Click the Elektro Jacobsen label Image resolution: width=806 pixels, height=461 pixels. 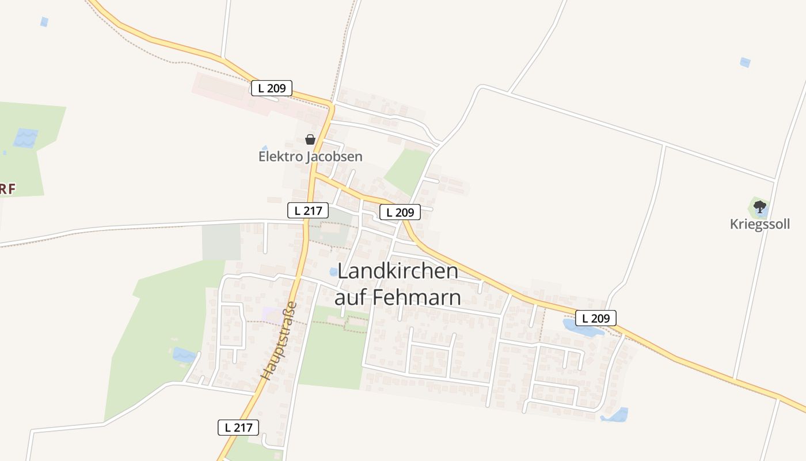[310, 156]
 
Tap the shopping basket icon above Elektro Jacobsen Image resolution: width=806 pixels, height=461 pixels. [310, 139]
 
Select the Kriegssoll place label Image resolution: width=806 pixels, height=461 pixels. [760, 224]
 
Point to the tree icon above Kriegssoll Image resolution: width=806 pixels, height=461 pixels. [760, 206]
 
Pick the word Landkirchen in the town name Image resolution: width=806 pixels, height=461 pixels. [397, 271]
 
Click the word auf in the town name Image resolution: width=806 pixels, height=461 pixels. [351, 297]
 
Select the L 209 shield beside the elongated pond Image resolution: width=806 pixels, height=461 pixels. [595, 318]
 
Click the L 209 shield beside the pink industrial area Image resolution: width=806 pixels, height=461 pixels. [272, 88]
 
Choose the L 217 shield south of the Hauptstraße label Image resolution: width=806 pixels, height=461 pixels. [238, 427]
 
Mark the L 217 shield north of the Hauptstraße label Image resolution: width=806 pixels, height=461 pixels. [308, 210]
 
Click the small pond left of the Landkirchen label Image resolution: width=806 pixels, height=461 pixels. [333, 271]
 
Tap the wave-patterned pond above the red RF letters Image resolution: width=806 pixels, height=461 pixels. [25, 138]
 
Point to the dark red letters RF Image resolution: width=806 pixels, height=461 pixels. [7, 188]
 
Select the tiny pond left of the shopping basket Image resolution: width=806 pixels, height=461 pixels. [265, 148]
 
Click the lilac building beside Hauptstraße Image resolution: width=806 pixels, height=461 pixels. [272, 314]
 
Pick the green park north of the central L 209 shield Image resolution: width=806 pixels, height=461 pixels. [407, 170]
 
